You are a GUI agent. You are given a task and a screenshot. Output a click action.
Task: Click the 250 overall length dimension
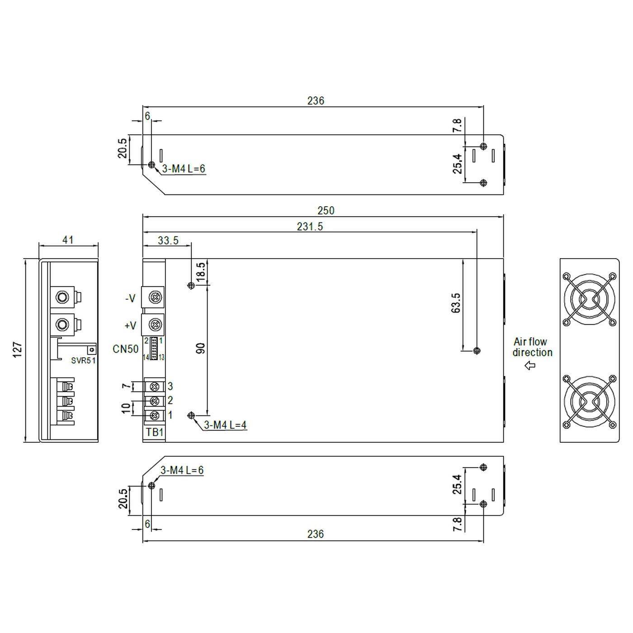coord(326,210)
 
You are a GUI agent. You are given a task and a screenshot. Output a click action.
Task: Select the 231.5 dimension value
coord(310,226)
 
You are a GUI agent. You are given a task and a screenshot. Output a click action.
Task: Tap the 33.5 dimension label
coord(168,240)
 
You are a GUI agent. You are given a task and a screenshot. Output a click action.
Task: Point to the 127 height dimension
coord(17,350)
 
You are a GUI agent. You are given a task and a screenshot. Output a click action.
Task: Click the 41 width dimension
coord(68,240)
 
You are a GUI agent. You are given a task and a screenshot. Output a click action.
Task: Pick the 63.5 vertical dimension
coord(455,303)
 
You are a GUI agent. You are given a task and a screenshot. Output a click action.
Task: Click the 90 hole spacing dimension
coord(201,348)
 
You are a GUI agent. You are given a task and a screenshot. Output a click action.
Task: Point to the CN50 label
coord(126,349)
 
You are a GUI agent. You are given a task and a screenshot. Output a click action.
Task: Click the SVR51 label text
coord(84,360)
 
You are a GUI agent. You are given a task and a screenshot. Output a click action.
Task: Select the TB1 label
coord(155,432)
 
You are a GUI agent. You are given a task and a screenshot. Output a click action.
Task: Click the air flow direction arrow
coord(530,365)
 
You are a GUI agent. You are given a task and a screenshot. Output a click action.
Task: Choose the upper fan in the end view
coord(589,298)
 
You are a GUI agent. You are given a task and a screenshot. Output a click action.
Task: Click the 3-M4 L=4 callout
coord(225,425)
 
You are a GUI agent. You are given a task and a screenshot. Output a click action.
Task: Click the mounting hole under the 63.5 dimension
coord(476,350)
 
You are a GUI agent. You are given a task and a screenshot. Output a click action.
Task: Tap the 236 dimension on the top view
coord(316,100)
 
